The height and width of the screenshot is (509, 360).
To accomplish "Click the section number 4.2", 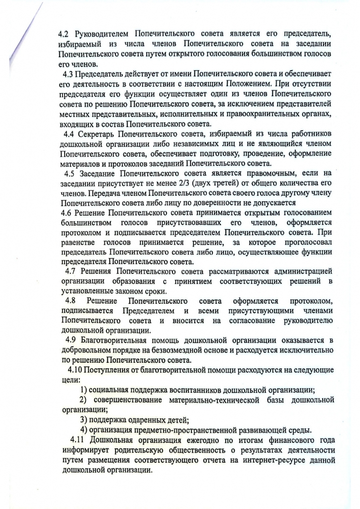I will pyautogui.click(x=64, y=34).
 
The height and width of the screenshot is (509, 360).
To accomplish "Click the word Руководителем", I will pyautogui.click(x=101, y=34).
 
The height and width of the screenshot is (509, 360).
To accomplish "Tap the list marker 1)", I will pyautogui.click(x=85, y=389).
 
